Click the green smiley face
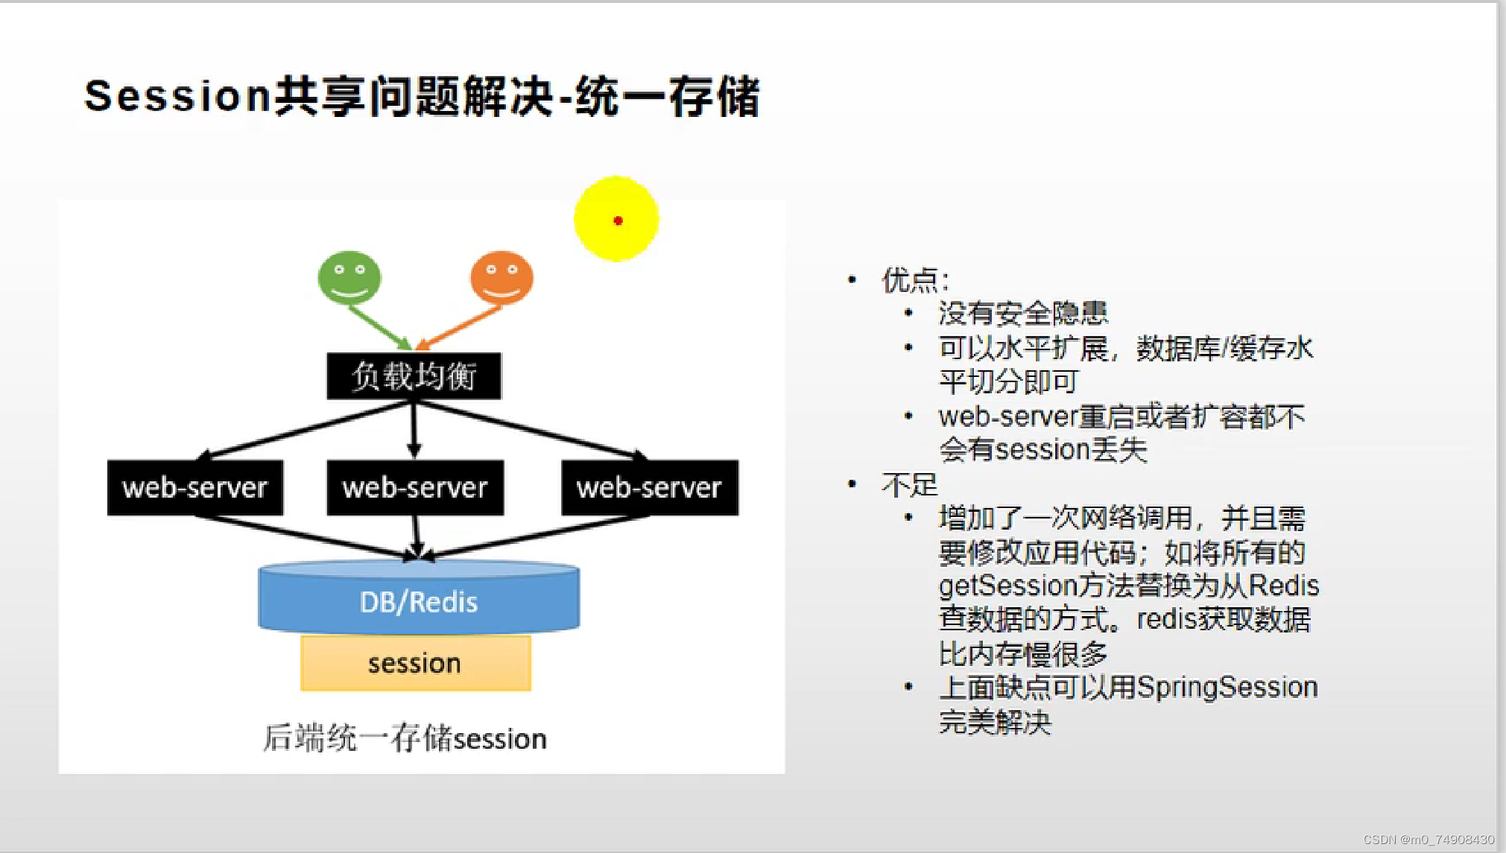pyautogui.click(x=349, y=277)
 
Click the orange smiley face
pyautogui.click(x=502, y=277)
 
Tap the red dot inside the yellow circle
pyautogui.click(x=618, y=221)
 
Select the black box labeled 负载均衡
pyautogui.click(x=414, y=376)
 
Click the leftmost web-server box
pyautogui.click(x=194, y=488)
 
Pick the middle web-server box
pyautogui.click(x=414, y=488)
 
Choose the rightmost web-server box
pyautogui.click(x=649, y=488)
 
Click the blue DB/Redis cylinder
pyautogui.click(x=418, y=600)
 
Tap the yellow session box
pyautogui.click(x=415, y=663)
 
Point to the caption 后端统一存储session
pyautogui.click(x=405, y=738)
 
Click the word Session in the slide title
pyautogui.click(x=177, y=97)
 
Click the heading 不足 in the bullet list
pyautogui.click(x=909, y=485)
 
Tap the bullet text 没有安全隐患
pyautogui.click(x=1022, y=314)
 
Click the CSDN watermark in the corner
pyautogui.click(x=1428, y=840)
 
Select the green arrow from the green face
pyautogui.click(x=379, y=326)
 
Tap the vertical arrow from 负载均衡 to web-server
pyautogui.click(x=414, y=428)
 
